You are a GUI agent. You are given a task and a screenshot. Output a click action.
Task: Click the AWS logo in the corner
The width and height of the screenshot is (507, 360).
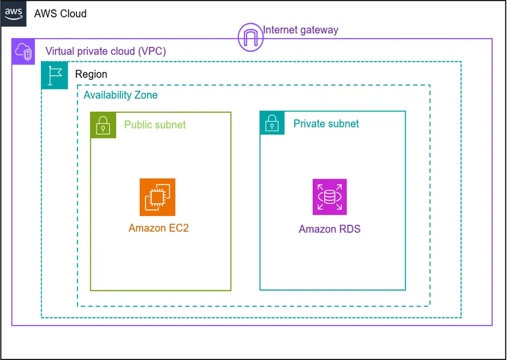tap(14, 13)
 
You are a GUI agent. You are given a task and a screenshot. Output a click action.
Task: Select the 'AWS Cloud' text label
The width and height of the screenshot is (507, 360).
tap(60, 13)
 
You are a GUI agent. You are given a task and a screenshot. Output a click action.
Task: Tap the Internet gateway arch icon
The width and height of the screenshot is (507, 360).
tap(250, 37)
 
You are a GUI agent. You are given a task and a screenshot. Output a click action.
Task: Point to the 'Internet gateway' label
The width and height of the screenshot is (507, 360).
tap(301, 30)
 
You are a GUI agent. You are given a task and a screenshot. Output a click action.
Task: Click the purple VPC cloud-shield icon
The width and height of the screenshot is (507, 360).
tap(23, 52)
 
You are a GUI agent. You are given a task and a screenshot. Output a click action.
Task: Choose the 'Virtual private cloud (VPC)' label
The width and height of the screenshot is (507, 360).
tap(106, 51)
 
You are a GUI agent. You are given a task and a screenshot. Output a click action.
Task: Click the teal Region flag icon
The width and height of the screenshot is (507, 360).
tap(54, 75)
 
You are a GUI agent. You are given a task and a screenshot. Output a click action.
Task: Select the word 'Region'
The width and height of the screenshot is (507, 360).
tap(91, 74)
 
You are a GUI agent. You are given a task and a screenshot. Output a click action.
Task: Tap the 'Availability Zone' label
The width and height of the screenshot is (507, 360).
tap(121, 95)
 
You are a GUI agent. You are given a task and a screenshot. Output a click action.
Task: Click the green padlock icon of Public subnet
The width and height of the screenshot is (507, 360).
tap(103, 125)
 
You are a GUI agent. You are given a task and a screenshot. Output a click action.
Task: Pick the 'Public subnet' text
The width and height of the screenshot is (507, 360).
tap(155, 124)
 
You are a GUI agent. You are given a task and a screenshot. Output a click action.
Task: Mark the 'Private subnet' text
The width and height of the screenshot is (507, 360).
tap(326, 124)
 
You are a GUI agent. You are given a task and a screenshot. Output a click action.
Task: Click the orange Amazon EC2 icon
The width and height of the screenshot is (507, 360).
tap(157, 197)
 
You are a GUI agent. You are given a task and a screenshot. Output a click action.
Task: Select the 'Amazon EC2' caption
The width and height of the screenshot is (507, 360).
tap(159, 228)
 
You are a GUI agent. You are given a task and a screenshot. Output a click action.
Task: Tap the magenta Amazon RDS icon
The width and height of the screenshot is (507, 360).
tap(330, 197)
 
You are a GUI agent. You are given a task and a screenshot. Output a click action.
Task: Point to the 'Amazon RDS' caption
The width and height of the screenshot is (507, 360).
tap(330, 229)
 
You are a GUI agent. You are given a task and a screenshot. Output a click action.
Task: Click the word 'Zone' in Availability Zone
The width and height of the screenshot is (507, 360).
tap(145, 95)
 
